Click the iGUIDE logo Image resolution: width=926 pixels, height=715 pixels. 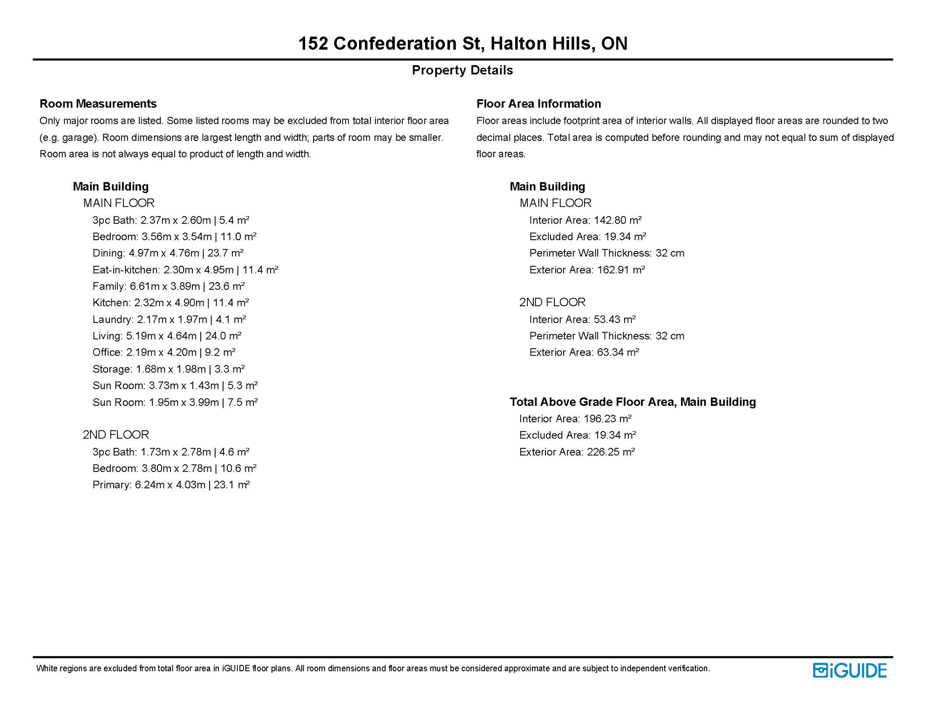[849, 670]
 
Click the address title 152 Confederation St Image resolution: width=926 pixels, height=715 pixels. [463, 43]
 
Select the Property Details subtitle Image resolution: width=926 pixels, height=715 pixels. [462, 70]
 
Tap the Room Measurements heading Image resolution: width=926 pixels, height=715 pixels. [98, 103]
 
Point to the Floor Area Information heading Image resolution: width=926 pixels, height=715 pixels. [538, 103]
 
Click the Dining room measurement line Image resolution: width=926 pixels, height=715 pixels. [168, 253]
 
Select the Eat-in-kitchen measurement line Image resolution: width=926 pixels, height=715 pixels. [185, 270]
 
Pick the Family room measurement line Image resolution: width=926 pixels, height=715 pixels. [168, 286]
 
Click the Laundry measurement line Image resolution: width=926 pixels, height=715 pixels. [169, 319]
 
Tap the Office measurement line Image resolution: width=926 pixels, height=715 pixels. [163, 352]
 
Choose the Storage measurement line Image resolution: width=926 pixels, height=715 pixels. [168, 369]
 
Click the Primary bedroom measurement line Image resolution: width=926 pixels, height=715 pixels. [171, 485]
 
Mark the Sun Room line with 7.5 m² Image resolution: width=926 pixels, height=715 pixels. [175, 402]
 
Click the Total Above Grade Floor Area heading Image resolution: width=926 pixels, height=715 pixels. [633, 402]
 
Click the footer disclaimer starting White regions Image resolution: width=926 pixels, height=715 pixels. [373, 668]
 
